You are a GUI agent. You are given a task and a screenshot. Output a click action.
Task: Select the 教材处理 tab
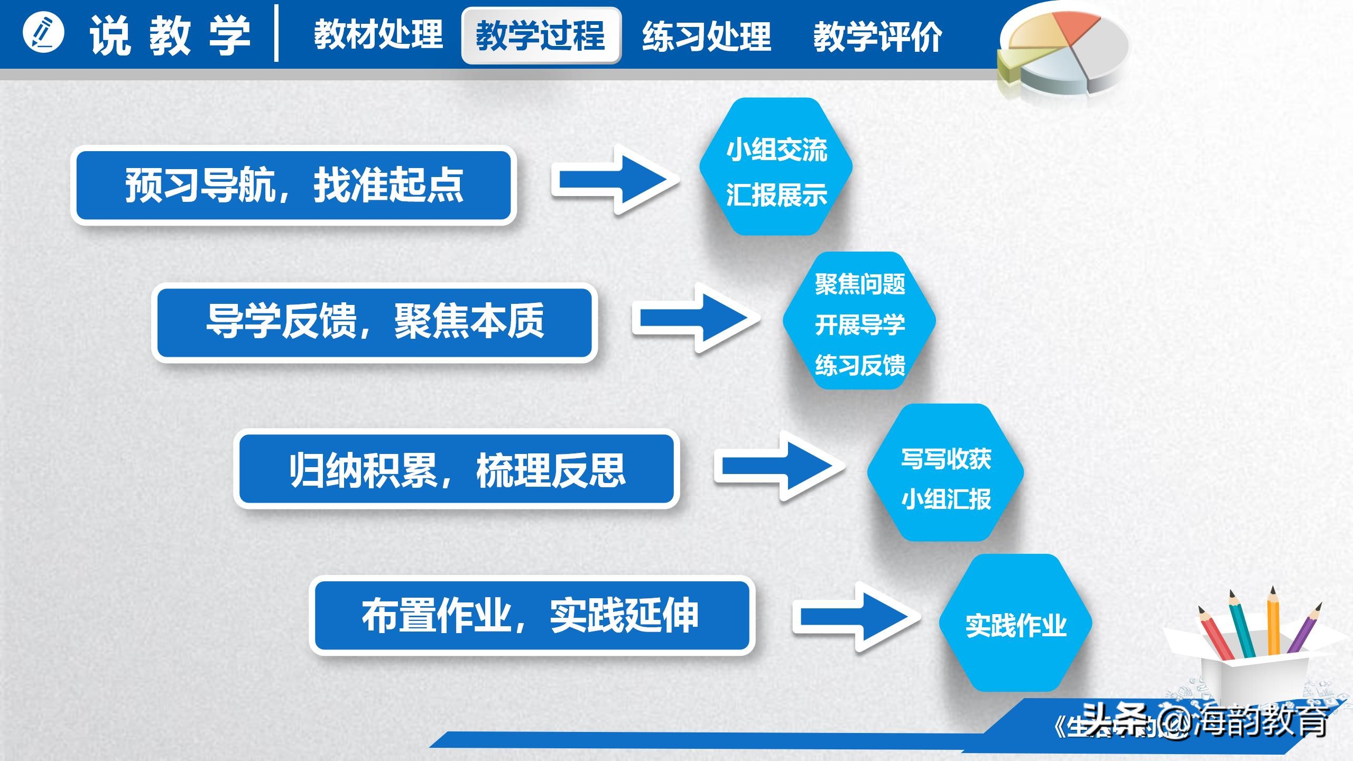378,35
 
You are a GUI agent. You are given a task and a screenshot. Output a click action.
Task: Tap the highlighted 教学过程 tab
541,36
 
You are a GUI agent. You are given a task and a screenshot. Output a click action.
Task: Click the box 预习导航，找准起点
294,185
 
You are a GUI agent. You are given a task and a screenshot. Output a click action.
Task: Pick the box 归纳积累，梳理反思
457,469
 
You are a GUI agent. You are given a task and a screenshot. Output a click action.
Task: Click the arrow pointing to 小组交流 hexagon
616,180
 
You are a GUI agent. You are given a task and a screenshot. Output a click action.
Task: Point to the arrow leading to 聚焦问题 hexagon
697,318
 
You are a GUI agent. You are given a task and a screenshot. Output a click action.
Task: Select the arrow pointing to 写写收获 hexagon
779,466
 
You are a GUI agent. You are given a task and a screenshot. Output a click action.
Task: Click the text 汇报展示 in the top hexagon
776,195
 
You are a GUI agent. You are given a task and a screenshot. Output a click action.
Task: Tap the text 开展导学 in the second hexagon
860,324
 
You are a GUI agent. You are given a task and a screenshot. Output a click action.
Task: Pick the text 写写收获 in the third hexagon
946,458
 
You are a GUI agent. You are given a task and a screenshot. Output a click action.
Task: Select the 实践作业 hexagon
1015,624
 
